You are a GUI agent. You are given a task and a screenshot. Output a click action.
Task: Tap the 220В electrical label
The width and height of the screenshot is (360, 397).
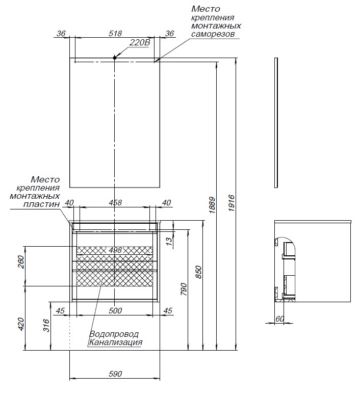139,43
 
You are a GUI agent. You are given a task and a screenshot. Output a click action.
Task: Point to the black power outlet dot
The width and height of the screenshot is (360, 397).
115,58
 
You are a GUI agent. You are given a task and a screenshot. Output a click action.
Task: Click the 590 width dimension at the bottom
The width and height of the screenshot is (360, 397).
115,374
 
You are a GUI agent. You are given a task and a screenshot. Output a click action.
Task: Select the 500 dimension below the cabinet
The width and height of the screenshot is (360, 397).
115,310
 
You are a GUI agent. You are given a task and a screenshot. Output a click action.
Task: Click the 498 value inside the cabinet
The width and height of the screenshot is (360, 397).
115,250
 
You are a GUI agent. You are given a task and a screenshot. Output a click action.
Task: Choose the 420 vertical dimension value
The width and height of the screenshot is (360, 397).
21,324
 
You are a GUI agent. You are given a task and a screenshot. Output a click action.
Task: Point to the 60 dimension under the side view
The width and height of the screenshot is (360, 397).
279,319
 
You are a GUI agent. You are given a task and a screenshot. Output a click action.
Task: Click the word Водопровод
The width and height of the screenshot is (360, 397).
114,334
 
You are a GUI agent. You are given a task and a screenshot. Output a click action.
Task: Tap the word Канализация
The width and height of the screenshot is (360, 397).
115,342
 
